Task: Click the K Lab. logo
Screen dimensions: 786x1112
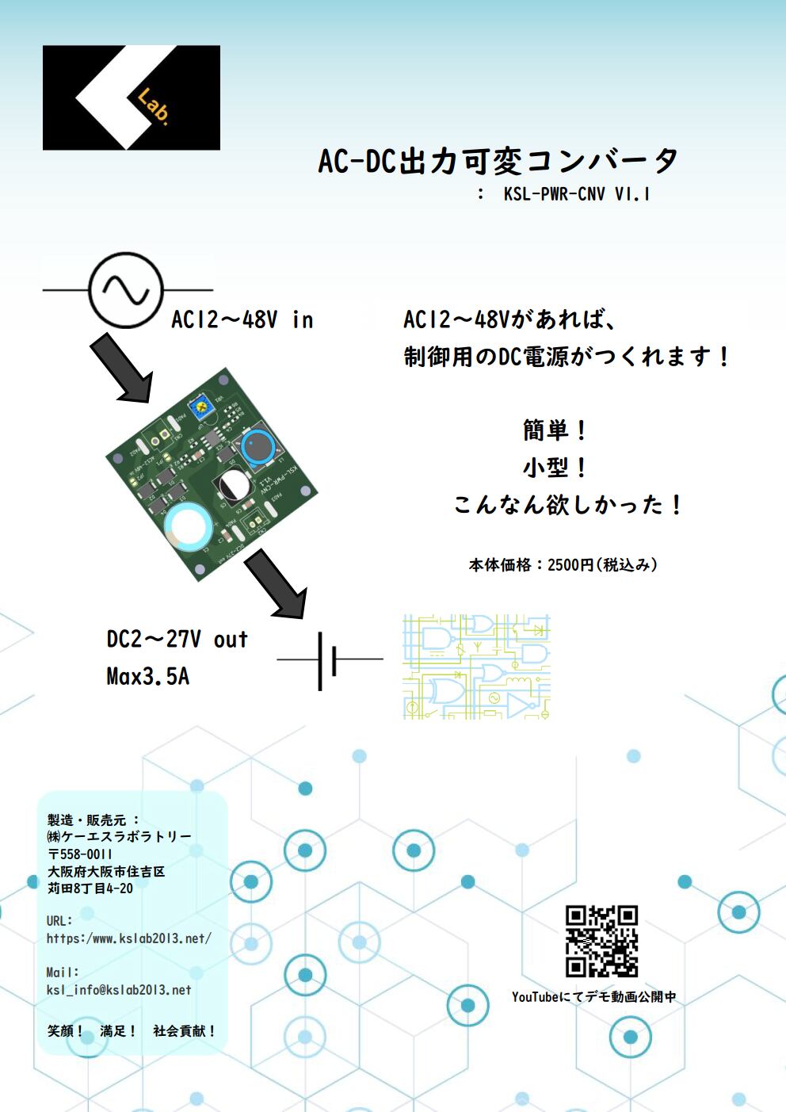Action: (131, 97)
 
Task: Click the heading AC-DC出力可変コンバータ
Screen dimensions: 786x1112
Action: (498, 161)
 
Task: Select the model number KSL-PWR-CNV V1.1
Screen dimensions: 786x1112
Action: (576, 194)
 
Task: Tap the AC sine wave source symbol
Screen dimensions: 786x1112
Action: (126, 290)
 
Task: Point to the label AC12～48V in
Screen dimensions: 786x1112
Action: (242, 320)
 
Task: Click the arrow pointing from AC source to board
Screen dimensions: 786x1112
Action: (120, 367)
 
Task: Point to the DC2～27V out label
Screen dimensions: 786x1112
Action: (177, 640)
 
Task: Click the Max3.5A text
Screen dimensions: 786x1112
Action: (148, 677)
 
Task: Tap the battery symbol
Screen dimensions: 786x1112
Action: (328, 659)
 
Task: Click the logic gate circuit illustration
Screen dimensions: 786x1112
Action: (476, 667)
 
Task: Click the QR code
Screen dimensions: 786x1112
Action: (601, 941)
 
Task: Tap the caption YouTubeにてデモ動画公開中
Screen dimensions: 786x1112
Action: (593, 997)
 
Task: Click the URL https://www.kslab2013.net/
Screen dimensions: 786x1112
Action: (128, 938)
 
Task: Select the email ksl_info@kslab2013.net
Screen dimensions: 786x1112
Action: (119, 990)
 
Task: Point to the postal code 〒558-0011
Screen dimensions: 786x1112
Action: (80, 854)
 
